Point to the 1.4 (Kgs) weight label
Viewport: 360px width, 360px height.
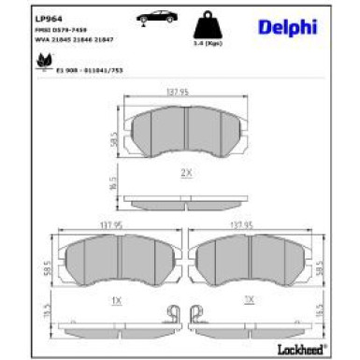pyautogui.click(x=208, y=45)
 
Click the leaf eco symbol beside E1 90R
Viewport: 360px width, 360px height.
pyautogui.click(x=42, y=62)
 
